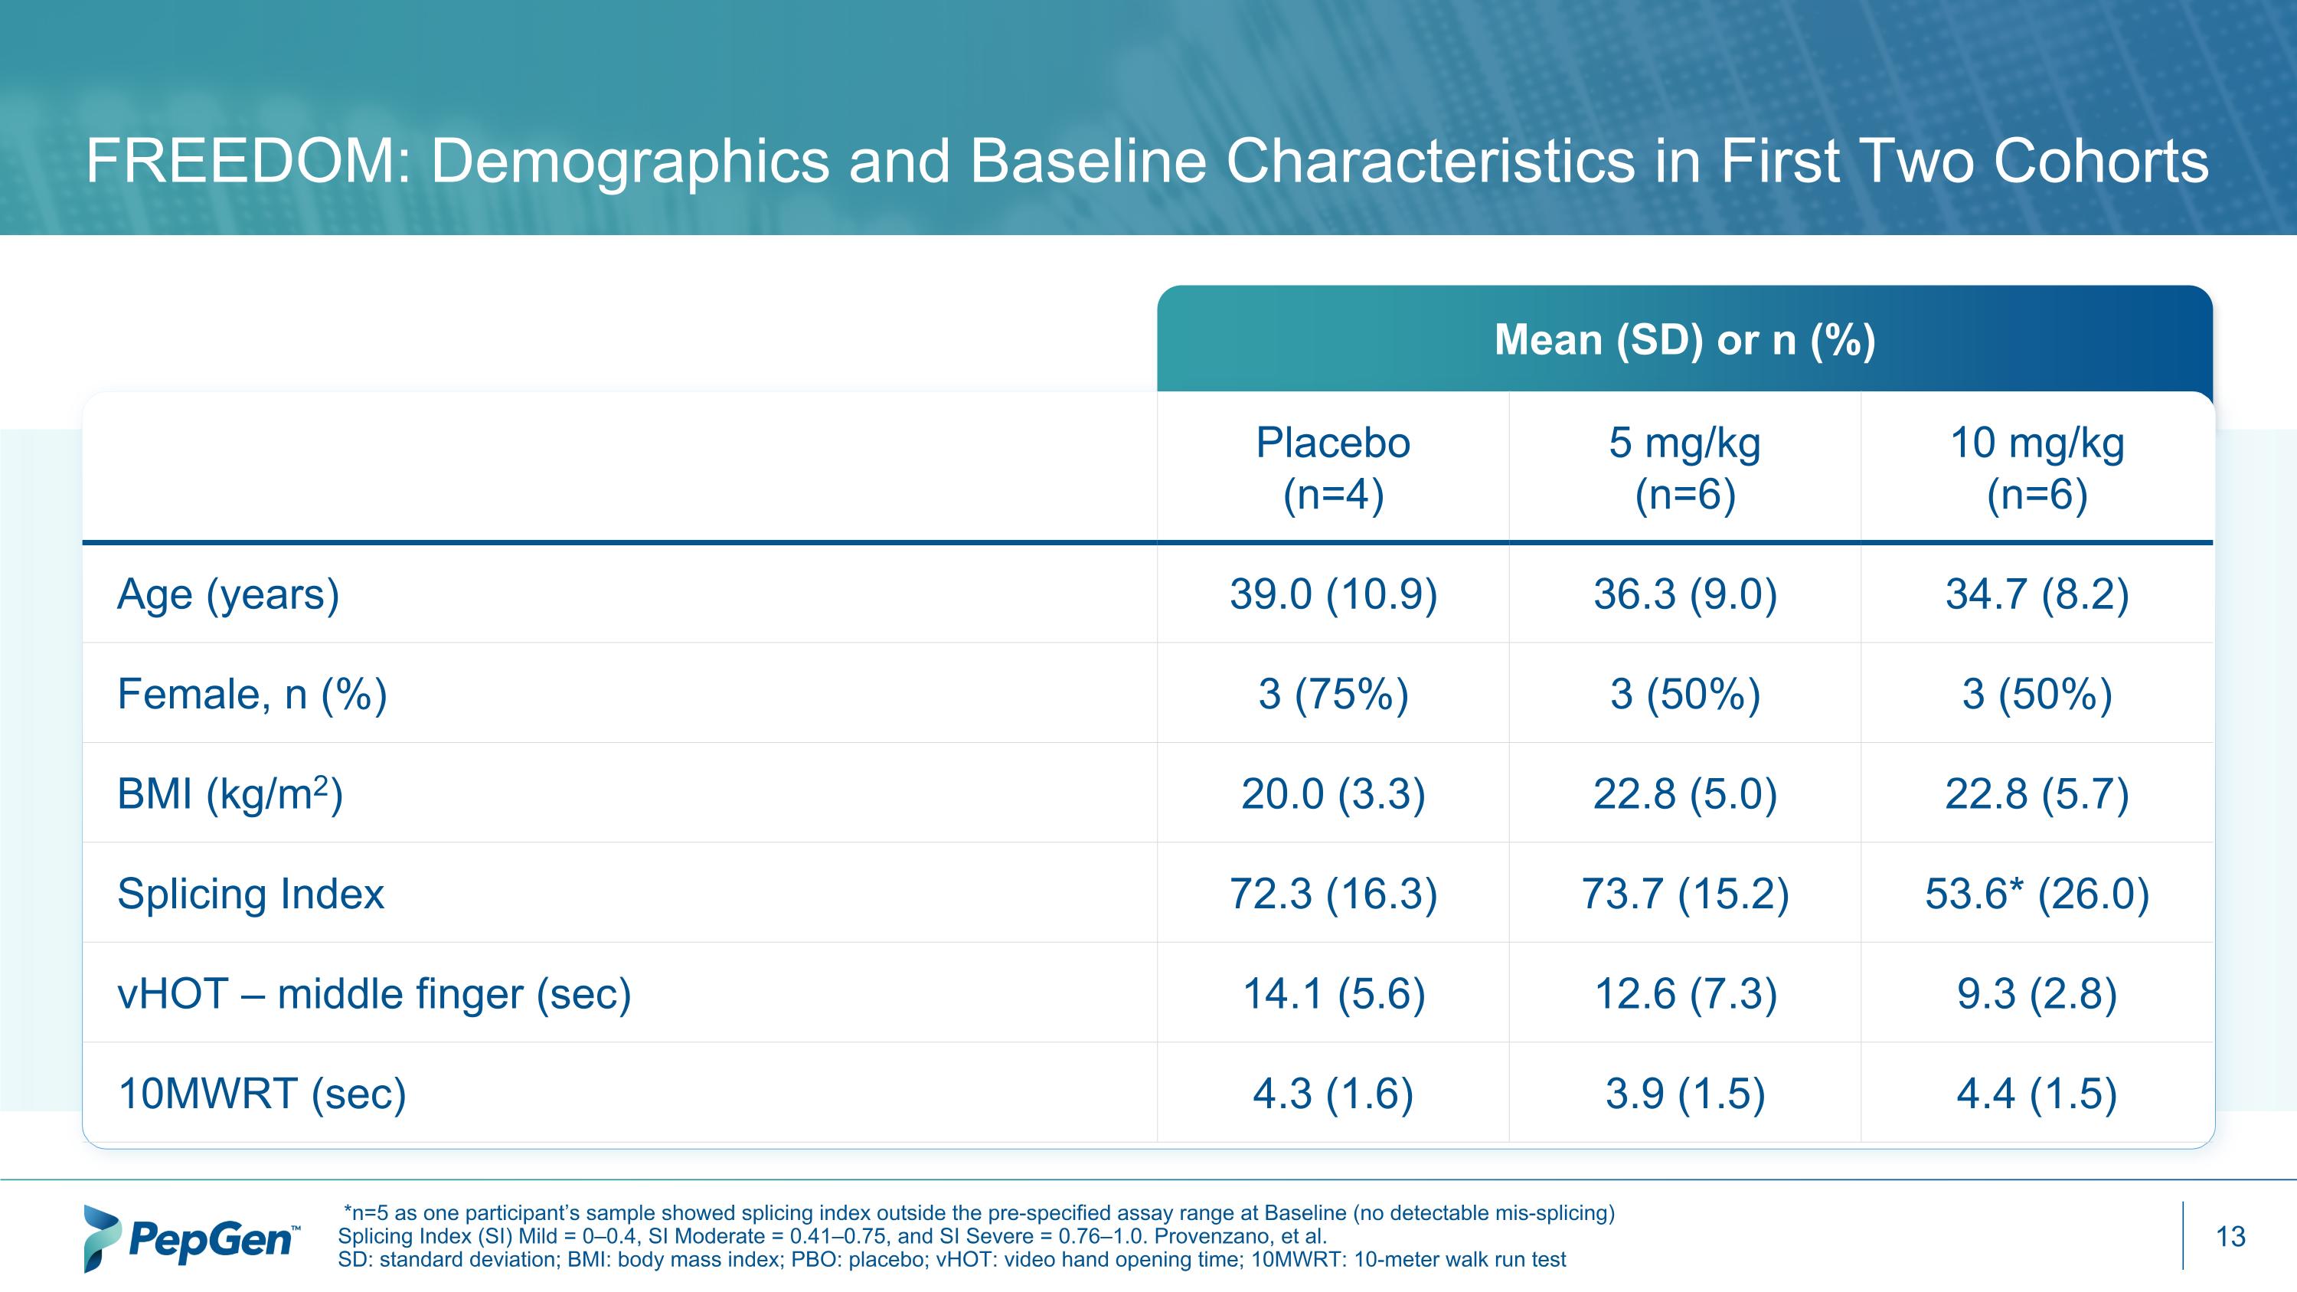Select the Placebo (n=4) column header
tap(1333, 468)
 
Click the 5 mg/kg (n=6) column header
tap(1684, 468)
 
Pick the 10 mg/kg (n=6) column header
tap(2037, 468)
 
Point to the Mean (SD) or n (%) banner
tap(1684, 340)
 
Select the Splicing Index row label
tap(250, 894)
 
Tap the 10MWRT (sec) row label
tap(261, 1093)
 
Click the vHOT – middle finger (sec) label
tap(374, 993)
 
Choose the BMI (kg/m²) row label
tap(230, 793)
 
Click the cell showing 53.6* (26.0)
tap(2037, 894)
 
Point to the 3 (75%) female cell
tap(1333, 694)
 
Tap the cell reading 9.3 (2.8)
tap(2037, 993)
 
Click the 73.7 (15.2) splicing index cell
tap(1684, 894)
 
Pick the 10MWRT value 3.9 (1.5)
tap(1684, 1093)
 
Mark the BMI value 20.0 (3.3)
tap(1333, 793)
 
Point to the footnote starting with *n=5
tap(979, 1212)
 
